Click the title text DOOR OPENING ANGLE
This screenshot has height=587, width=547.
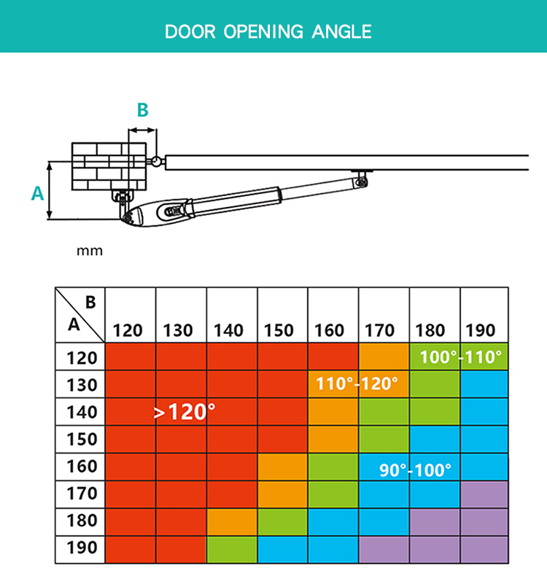[x=268, y=31]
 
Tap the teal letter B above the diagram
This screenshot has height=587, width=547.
[x=143, y=110]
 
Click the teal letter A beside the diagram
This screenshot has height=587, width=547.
[x=37, y=193]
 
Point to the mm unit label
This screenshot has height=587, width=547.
[x=90, y=251]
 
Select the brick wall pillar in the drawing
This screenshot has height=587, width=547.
[x=109, y=166]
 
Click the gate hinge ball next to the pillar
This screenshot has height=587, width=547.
[x=156, y=161]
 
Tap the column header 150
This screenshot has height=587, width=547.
[x=279, y=330]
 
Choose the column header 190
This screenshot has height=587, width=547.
[x=481, y=330]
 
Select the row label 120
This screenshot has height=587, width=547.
[x=82, y=358]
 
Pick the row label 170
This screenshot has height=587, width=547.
[x=82, y=494]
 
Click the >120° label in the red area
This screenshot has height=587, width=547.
[x=185, y=412]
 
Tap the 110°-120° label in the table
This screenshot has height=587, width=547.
[x=357, y=384]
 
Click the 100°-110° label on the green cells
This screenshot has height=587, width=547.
[x=460, y=357]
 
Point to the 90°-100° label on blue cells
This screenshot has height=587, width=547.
[x=415, y=470]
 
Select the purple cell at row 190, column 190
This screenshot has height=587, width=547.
[x=484, y=549]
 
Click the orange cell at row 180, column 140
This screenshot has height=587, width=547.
[x=232, y=522]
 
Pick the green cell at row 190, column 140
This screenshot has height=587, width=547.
[x=232, y=549]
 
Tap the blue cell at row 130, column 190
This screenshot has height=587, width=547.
[x=484, y=384]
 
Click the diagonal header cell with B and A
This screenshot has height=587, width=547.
[x=79, y=315]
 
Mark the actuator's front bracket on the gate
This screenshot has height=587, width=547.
[x=362, y=178]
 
